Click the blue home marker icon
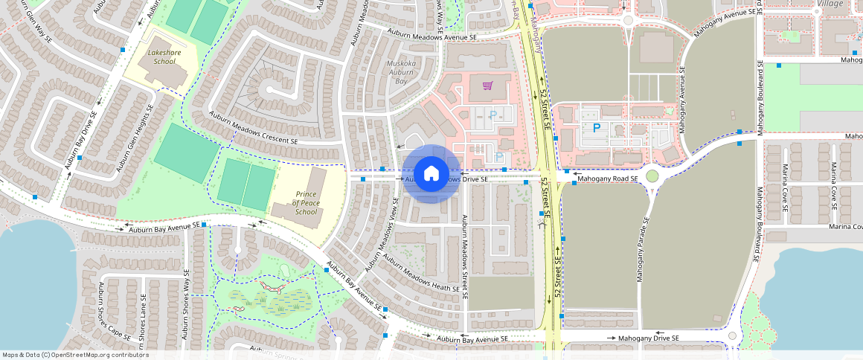[431, 174]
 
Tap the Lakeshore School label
[161, 57]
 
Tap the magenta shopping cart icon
[487, 86]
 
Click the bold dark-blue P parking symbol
[596, 128]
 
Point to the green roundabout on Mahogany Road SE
[652, 176]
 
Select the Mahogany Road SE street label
[608, 179]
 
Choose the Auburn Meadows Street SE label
[464, 257]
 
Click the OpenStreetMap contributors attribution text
[74, 355]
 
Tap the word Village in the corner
[830, 4]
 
